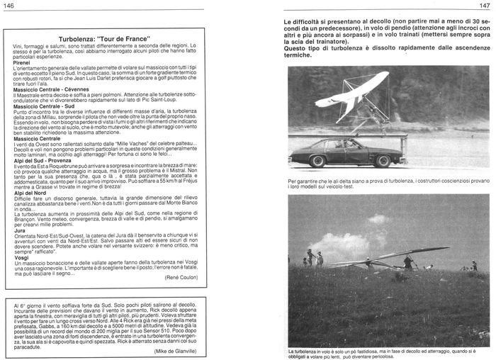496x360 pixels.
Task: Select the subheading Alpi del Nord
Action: click(x=31, y=193)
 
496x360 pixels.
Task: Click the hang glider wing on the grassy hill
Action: click(x=397, y=254)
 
